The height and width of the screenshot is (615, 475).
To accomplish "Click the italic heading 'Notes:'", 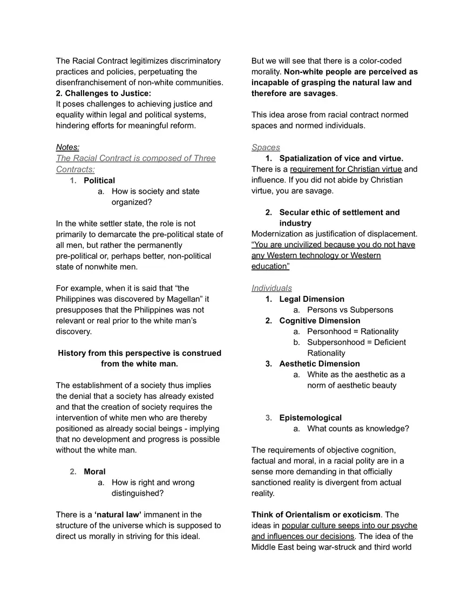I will (67, 147).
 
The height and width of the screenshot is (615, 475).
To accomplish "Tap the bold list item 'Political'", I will (99, 180).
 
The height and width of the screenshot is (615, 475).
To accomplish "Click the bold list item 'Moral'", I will (94, 472).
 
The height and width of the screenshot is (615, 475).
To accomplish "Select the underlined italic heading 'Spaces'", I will (266, 147).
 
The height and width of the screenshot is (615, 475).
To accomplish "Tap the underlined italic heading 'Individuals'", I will (272, 288).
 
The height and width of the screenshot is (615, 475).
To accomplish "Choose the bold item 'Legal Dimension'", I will (311, 299).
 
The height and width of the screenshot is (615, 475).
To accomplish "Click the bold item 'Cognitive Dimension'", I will (320, 321).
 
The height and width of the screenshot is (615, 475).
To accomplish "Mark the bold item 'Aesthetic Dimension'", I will (320, 364).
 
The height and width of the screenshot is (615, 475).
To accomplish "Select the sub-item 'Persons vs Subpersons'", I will (350, 310).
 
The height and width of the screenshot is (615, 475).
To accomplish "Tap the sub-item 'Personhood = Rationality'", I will (352, 332).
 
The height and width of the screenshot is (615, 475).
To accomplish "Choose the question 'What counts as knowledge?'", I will (358, 429).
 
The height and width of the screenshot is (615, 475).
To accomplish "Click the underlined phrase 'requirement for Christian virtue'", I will (346, 170).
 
